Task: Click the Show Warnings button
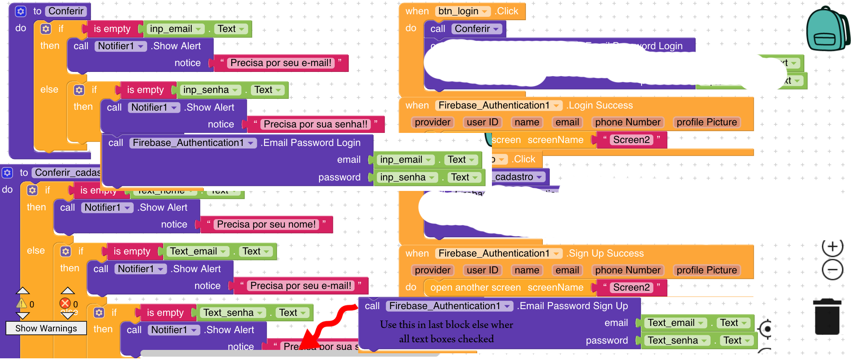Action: pos(46,328)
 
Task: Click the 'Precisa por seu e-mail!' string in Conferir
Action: pos(281,63)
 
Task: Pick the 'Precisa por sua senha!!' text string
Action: pos(315,124)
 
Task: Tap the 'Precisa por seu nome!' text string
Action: pos(266,225)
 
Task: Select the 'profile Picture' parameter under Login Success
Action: pos(706,122)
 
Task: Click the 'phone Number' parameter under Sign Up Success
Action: pos(627,270)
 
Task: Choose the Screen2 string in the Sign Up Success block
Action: pos(631,288)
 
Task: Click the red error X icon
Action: pos(65,303)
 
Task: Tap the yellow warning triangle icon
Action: pos(21,303)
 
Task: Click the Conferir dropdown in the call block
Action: pos(476,29)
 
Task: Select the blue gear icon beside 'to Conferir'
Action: pos(21,11)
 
